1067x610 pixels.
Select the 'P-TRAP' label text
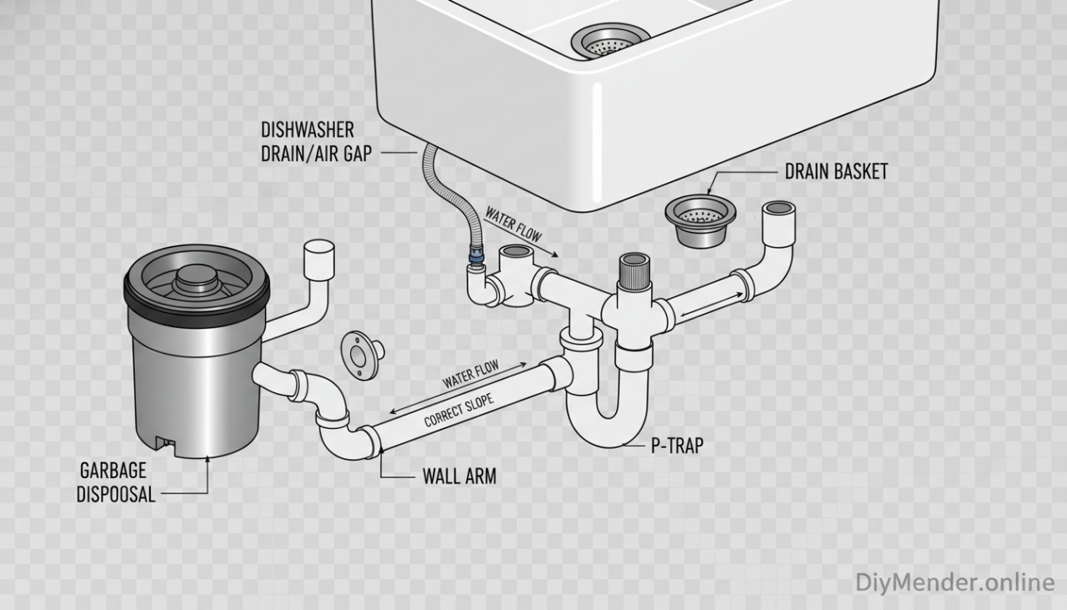[676, 446]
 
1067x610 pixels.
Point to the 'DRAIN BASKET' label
[836, 172]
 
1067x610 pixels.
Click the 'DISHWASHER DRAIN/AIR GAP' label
[308, 143]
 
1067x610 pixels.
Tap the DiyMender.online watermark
[954, 582]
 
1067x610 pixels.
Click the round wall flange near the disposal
[360, 356]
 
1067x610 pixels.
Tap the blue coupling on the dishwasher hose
[476, 259]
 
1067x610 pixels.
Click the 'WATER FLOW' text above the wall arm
[470, 373]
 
